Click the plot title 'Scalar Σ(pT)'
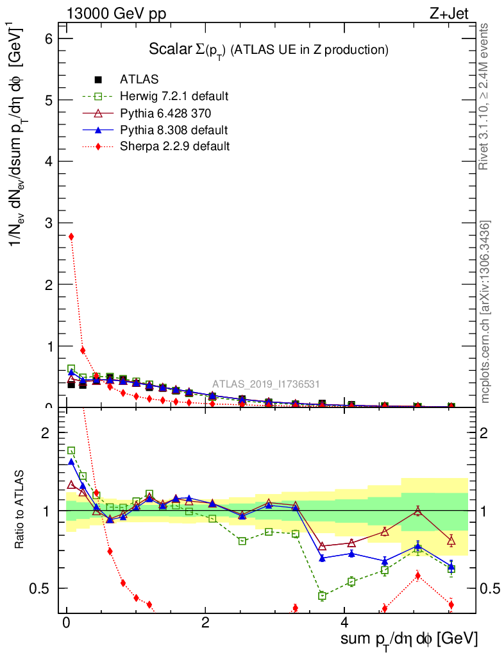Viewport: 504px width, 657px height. [269, 49]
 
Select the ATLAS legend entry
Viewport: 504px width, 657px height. [135, 80]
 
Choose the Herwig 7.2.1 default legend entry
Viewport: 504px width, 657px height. [174, 96]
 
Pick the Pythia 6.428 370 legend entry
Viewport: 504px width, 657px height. [165, 113]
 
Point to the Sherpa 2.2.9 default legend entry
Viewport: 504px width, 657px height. [174, 146]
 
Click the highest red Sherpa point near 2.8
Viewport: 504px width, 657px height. [71, 236]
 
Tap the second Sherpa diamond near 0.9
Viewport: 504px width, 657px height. [83, 350]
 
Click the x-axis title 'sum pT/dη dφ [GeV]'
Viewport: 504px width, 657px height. [408, 639]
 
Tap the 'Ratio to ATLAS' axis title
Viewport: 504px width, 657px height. [19, 510]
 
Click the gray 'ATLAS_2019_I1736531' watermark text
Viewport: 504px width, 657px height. [266, 384]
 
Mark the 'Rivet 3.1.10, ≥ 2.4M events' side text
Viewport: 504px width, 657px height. [484, 96]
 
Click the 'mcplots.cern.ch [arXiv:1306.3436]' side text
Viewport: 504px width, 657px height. [485, 312]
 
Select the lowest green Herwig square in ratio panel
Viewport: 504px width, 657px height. [322, 596]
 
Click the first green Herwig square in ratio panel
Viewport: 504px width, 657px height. [71, 450]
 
